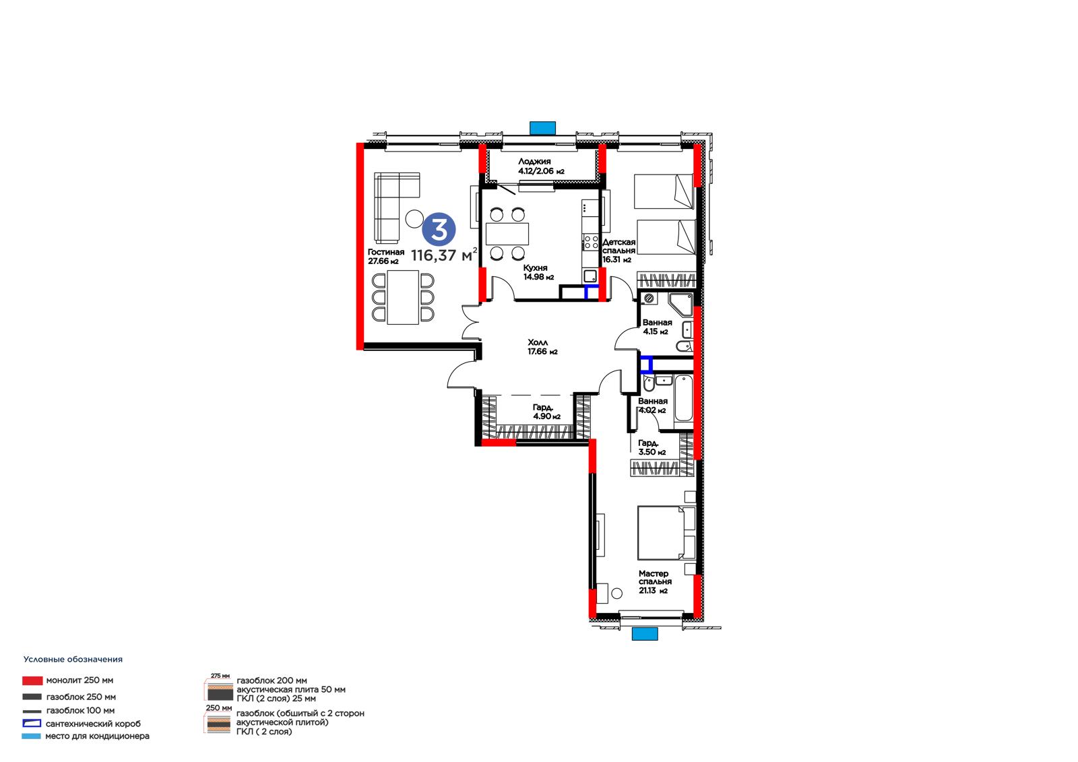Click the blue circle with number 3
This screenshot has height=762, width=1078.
pyautogui.click(x=439, y=230)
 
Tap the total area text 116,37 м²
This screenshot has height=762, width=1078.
pyautogui.click(x=444, y=254)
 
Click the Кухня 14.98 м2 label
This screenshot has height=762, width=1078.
pyautogui.click(x=538, y=272)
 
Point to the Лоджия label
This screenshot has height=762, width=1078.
pyautogui.click(x=534, y=162)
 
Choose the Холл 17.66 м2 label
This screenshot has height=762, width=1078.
pyautogui.click(x=542, y=347)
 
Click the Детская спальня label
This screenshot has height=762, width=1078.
pyautogui.click(x=619, y=247)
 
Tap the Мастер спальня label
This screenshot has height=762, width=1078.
pyautogui.click(x=655, y=577)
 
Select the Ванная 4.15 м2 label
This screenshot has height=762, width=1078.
pyautogui.click(x=657, y=327)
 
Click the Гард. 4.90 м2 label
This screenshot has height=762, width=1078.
pyautogui.click(x=546, y=412)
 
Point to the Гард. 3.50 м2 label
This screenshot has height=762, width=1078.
pyautogui.click(x=652, y=447)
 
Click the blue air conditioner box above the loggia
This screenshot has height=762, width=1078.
pyautogui.click(x=543, y=128)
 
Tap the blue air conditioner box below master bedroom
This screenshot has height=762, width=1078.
pyautogui.click(x=644, y=634)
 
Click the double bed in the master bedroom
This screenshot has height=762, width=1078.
pyautogui.click(x=666, y=533)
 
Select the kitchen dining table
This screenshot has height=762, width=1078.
pyautogui.click(x=507, y=234)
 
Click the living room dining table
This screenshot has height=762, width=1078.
pyautogui.click(x=404, y=298)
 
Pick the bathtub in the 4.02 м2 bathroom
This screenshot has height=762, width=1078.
pyautogui.click(x=683, y=399)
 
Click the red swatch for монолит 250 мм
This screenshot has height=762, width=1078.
pyautogui.click(x=32, y=680)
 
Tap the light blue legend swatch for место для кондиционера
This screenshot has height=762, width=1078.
pyautogui.click(x=31, y=736)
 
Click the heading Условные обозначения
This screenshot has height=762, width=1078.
pyautogui.click(x=73, y=660)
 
